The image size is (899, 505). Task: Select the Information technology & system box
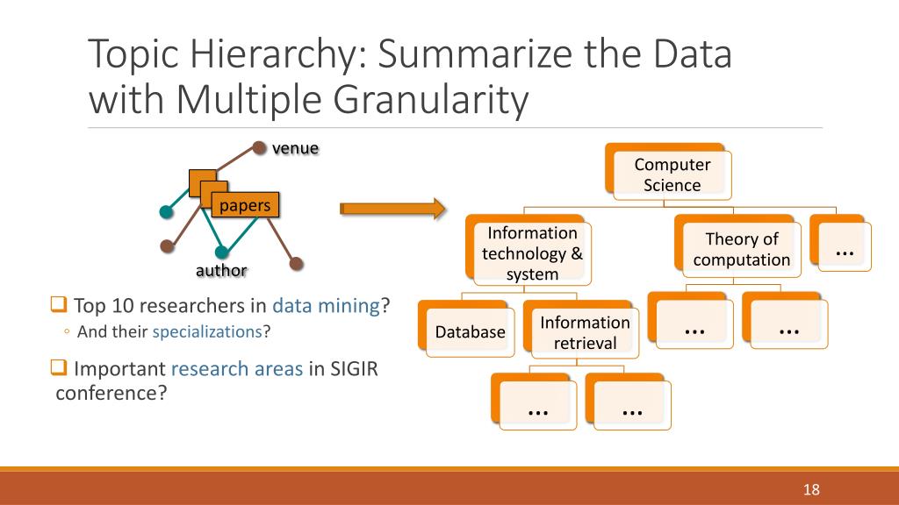coord(532,253)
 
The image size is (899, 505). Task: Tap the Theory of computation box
coord(741,249)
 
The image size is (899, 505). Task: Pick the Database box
coord(470,331)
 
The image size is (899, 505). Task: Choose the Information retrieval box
coord(585,331)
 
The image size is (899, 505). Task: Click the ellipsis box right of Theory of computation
coord(844,248)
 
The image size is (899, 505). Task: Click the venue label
coord(295,147)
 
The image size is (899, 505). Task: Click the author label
coord(221,270)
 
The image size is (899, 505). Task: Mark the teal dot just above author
coord(222,252)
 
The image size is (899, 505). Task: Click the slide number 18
coord(811,489)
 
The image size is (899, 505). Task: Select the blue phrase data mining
coord(326,306)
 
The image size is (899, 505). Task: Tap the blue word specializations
coord(208,331)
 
